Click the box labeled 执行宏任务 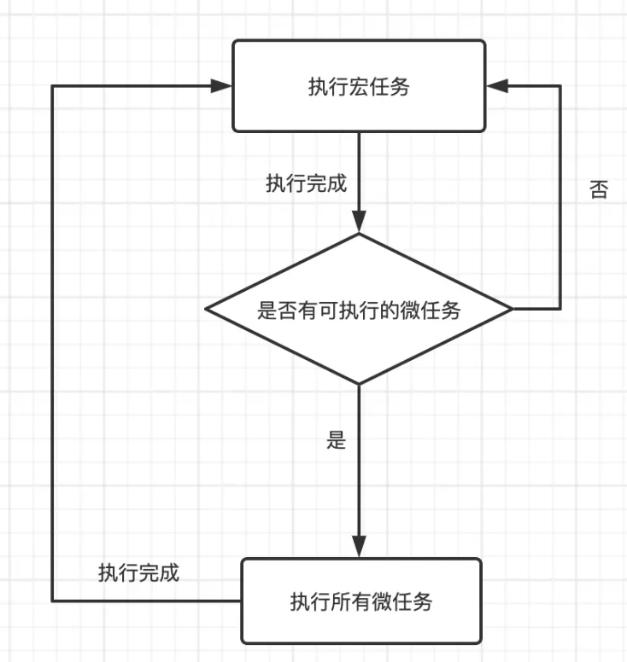click(359, 86)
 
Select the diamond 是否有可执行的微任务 click(359, 310)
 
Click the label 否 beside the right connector click(599, 190)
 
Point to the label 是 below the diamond click(337, 441)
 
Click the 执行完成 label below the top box click(306, 183)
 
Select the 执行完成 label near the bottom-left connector click(138, 572)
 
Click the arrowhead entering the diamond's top click(359, 224)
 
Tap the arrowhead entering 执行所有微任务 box click(359, 548)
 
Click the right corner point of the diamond click(512, 309)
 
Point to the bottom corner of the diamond click(359, 385)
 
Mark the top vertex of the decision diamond click(359, 235)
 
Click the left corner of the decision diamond click(206, 310)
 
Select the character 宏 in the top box click(359, 87)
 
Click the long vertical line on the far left click(53, 341)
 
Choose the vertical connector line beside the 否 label click(560, 196)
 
